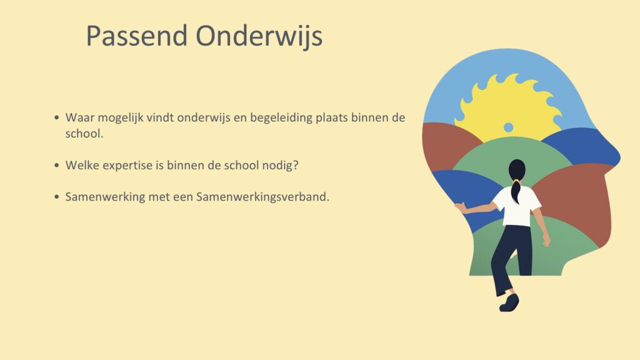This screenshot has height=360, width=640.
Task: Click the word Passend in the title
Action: click(x=137, y=36)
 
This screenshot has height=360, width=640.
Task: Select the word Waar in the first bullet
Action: click(x=80, y=117)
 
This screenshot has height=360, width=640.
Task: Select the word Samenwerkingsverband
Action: click(x=262, y=197)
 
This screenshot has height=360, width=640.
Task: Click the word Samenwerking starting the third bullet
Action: click(x=105, y=197)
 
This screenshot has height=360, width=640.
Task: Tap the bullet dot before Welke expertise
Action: click(x=57, y=165)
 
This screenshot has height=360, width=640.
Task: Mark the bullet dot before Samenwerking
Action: click(x=57, y=197)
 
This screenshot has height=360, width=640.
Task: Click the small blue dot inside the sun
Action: click(x=508, y=127)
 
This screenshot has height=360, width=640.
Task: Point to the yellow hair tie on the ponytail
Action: click(x=516, y=180)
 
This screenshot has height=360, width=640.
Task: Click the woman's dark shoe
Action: click(x=509, y=302)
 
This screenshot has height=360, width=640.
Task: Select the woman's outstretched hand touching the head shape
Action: click(x=461, y=207)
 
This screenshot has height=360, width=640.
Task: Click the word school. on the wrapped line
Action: click(x=84, y=134)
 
